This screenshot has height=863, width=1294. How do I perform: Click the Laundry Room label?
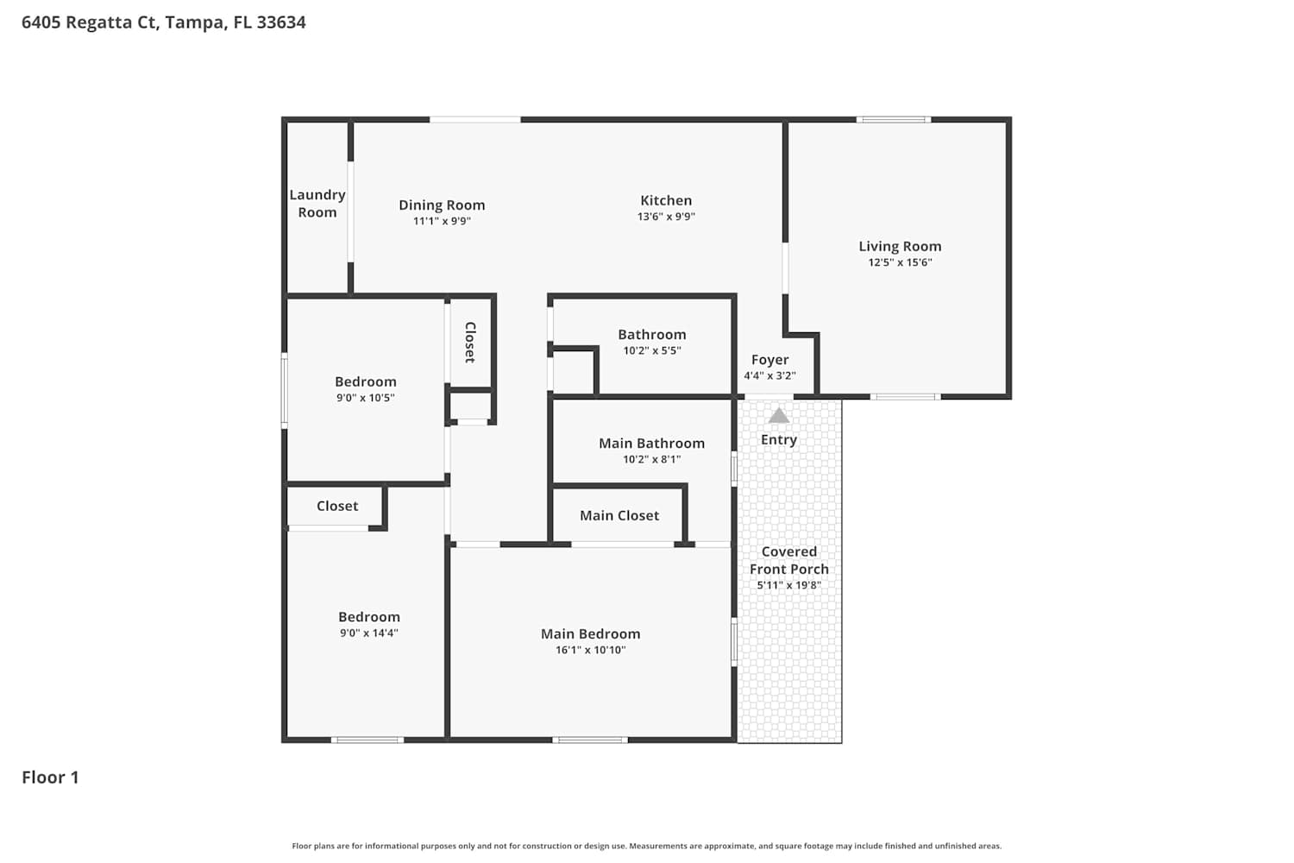[x=317, y=204]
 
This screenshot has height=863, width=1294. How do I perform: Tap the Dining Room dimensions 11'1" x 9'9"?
[x=442, y=221]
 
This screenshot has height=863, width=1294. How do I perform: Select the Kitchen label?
[x=666, y=200]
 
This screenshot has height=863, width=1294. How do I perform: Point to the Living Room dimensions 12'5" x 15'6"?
[x=900, y=262]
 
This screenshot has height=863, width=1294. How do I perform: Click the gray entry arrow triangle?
[x=779, y=416]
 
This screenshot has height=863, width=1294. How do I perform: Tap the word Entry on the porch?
[x=779, y=440]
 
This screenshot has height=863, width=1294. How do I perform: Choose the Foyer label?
[x=770, y=360]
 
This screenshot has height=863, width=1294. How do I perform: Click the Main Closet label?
[x=619, y=515]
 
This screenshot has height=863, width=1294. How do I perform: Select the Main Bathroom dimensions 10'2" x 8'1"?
[x=651, y=459]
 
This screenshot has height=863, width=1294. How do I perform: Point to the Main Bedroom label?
[x=590, y=633]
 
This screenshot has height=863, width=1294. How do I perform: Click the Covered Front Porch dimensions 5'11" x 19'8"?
[x=789, y=585]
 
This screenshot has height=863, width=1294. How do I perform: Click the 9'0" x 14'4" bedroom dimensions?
[x=369, y=633]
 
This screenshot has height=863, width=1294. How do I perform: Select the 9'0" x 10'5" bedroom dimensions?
[x=366, y=398]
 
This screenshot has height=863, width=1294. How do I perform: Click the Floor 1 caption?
[x=50, y=777]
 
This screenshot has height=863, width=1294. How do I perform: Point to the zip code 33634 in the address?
[x=281, y=22]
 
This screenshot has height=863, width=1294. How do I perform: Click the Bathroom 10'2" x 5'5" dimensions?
[x=652, y=350]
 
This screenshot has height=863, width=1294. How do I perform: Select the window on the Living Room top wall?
[x=894, y=120]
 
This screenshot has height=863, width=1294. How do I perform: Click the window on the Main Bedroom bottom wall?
[x=590, y=740]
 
